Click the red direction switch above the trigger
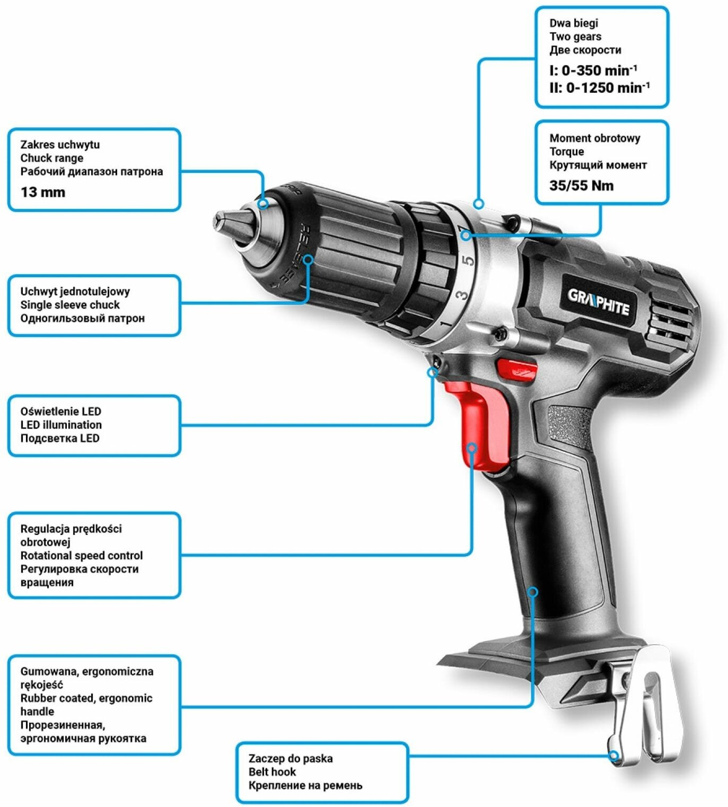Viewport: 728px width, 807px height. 516,369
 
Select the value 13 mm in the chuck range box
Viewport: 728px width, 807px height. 43,192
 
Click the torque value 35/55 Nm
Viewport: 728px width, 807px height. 581,186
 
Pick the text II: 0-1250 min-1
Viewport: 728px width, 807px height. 599,87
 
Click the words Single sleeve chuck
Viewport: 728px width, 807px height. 70,305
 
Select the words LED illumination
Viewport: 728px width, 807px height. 61,425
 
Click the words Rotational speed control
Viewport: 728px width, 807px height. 82,556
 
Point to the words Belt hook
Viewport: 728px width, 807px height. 272,772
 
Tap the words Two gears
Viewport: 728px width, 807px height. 575,37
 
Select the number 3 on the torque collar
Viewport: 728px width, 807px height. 462,294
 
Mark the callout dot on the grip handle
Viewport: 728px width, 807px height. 533,591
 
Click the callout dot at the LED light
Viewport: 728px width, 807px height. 433,372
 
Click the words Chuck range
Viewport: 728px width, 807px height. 52,158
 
